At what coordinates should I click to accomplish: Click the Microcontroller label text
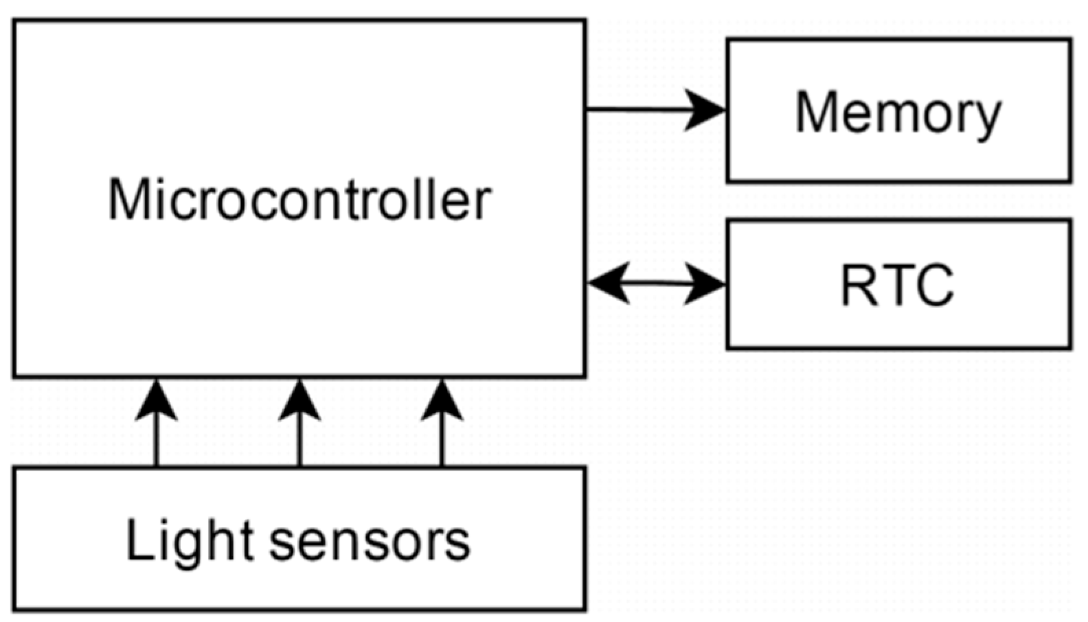click(x=299, y=200)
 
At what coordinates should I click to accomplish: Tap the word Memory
click(x=898, y=113)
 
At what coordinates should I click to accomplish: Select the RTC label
click(x=897, y=284)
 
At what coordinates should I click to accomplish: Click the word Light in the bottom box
click(x=190, y=541)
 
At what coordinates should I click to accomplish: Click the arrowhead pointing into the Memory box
click(x=707, y=109)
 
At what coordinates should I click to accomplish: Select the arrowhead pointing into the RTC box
click(x=707, y=283)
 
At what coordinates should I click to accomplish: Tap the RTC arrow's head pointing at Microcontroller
click(x=607, y=282)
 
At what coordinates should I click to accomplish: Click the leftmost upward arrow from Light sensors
click(x=156, y=426)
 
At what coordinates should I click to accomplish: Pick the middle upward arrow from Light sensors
click(x=299, y=426)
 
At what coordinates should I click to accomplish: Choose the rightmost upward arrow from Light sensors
click(x=442, y=426)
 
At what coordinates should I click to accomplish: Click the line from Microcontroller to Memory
click(x=639, y=109)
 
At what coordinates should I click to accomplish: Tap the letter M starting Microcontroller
click(x=129, y=200)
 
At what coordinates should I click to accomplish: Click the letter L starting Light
click(x=138, y=540)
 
